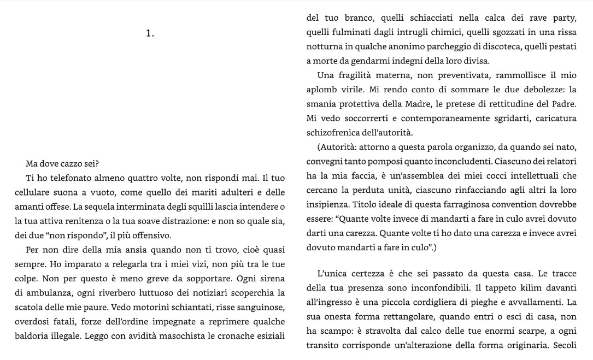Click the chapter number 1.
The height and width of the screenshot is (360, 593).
(x=150, y=34)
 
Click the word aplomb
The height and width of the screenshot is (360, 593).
(x=322, y=89)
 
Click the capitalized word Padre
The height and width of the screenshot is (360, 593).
(x=565, y=103)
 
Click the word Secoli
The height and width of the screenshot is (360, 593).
(x=565, y=345)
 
